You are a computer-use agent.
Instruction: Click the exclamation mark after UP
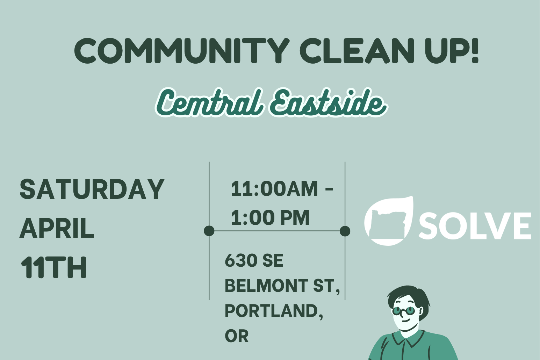[x=474, y=51]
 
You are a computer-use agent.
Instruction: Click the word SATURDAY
[x=92, y=189]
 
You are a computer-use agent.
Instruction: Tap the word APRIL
[x=57, y=229]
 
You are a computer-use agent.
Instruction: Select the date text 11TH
[x=54, y=268]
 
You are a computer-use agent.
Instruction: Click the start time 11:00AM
[x=274, y=189]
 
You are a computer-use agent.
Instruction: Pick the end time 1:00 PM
[x=270, y=218]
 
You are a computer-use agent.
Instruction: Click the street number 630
[x=237, y=261]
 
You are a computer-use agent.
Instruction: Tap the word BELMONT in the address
[x=266, y=286]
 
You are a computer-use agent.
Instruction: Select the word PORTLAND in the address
[x=271, y=311]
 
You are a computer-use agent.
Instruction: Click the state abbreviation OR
[x=237, y=336]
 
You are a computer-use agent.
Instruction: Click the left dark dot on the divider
[x=209, y=231]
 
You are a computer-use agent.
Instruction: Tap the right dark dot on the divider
[x=345, y=231]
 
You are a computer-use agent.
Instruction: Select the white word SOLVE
[x=475, y=226]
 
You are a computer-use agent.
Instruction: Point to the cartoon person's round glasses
[x=403, y=310]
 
